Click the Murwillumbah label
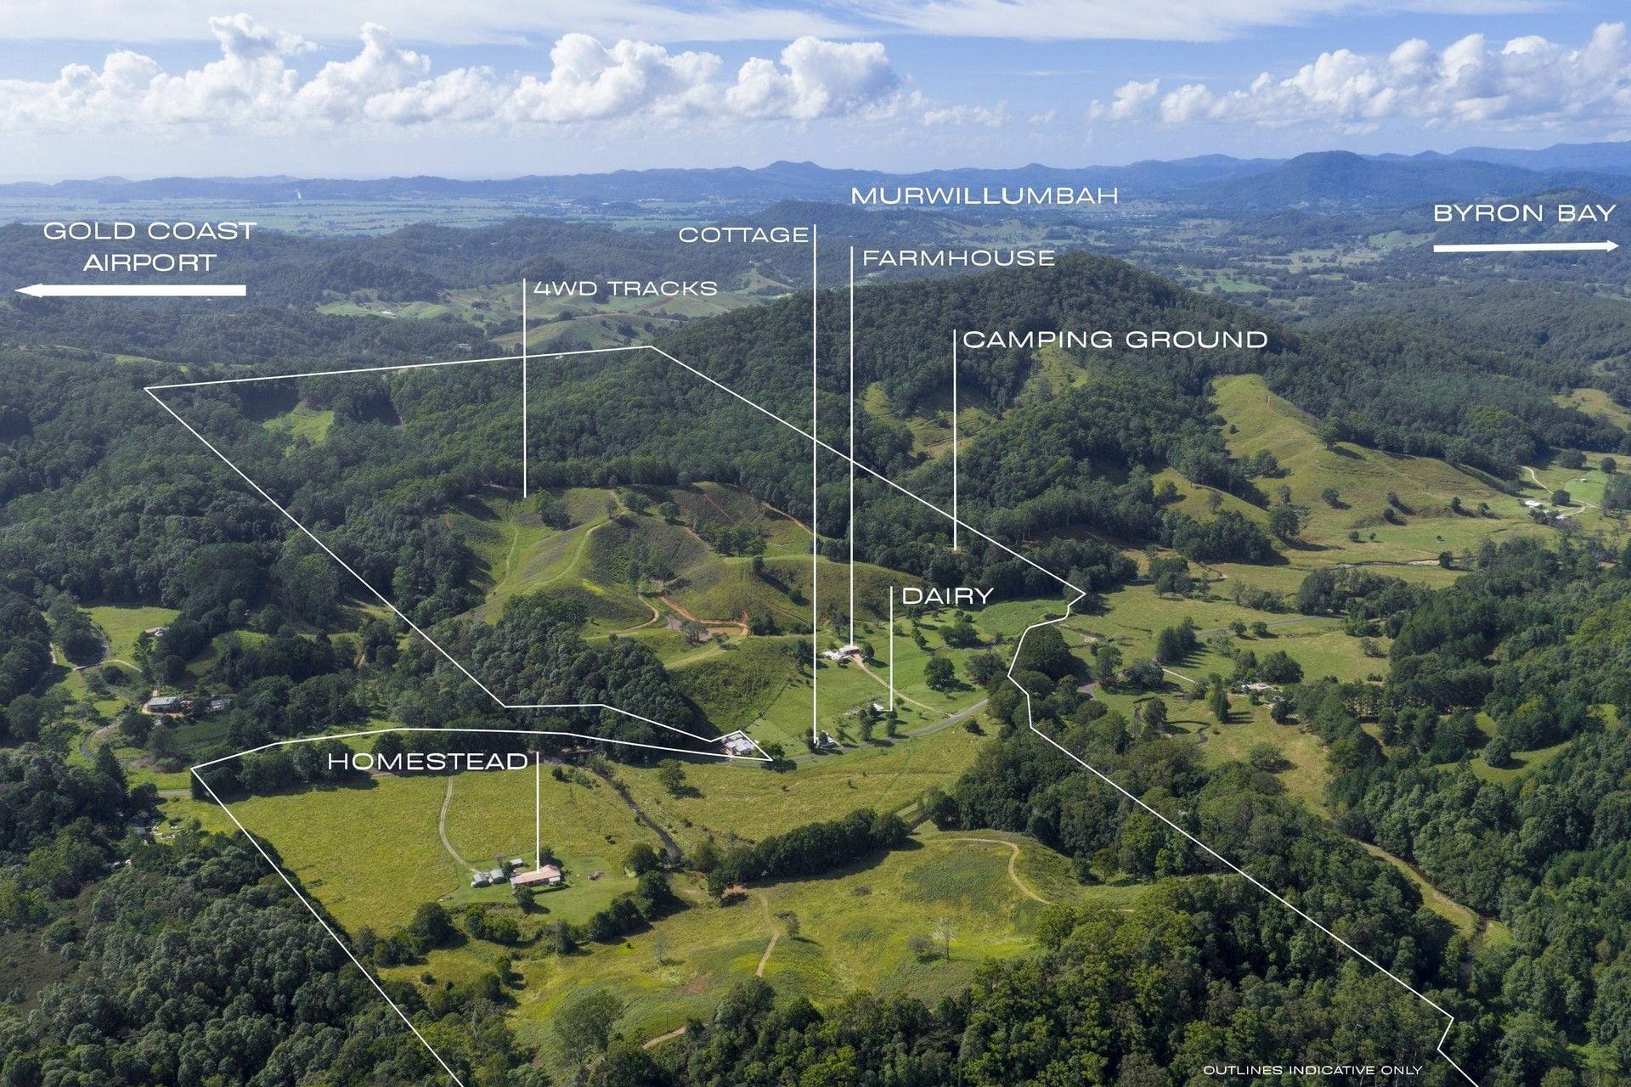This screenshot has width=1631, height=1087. [984, 196]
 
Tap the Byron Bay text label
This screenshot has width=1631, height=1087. [1524, 213]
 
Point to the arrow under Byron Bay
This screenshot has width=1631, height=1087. [1526, 247]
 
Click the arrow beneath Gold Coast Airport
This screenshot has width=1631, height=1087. [131, 290]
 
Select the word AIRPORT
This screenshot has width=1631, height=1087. [150, 262]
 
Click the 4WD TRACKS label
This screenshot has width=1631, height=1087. [625, 289]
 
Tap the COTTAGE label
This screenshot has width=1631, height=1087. [743, 235]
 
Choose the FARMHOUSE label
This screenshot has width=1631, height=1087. [958, 258]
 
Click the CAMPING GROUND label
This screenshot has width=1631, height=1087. [1115, 340]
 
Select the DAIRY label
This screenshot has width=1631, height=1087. [947, 596]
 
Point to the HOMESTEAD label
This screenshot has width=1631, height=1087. [428, 762]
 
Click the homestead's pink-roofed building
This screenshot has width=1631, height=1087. [536, 876]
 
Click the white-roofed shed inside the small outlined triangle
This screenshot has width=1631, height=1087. [736, 746]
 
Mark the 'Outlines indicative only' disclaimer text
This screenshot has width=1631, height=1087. [1312, 1070]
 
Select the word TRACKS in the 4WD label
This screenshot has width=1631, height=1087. [663, 289]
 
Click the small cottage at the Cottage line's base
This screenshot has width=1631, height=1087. [824, 741]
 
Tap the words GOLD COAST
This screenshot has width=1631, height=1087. [150, 231]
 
